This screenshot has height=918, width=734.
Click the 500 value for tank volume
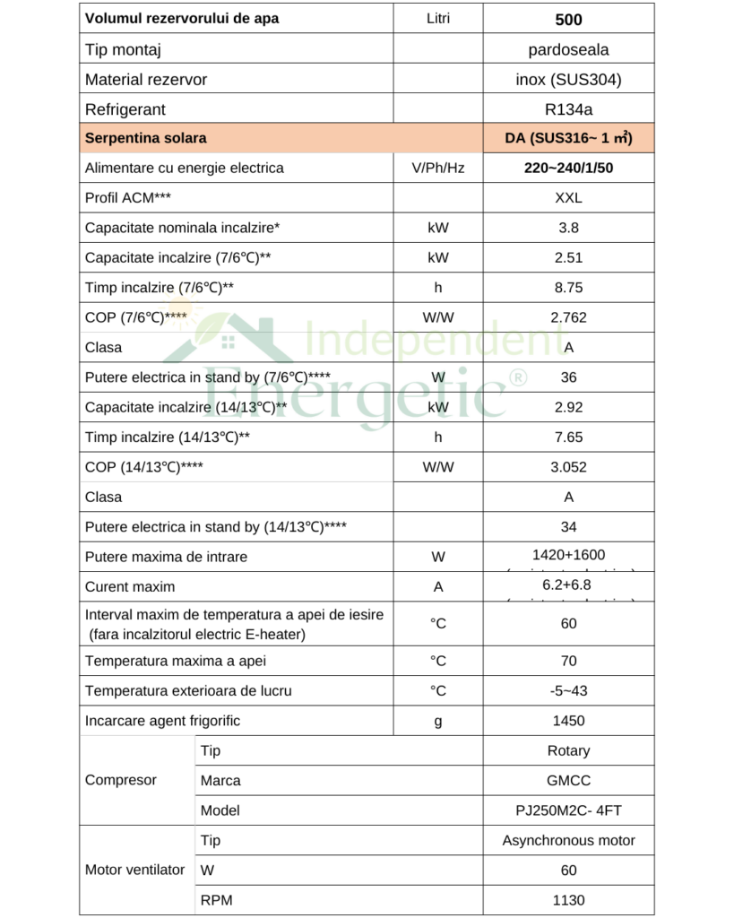[568, 19]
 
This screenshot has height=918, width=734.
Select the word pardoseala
[568, 49]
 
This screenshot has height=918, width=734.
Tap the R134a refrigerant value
[568, 109]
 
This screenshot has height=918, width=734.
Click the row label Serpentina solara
[145, 138]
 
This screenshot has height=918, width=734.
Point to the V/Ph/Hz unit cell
[438, 168]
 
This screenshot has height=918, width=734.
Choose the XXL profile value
[568, 198]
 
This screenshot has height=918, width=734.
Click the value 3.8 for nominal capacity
[568, 228]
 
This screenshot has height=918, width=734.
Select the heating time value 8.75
[568, 288]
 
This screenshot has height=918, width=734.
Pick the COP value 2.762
[568, 317]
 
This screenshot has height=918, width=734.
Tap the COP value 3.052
[568, 467]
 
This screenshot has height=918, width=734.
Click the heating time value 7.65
[568, 437]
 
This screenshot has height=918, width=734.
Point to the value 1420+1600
[568, 555]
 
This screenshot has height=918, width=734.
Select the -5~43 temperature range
[568, 691]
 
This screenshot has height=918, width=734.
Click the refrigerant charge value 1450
[568, 721]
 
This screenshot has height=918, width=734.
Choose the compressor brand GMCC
[568, 781]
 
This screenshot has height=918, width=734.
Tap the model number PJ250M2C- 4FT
[568, 810]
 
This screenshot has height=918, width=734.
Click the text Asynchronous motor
[568, 840]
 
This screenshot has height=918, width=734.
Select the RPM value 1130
[568, 900]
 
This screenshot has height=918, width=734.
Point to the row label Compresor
[121, 780]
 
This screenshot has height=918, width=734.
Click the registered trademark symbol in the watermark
[517, 378]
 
